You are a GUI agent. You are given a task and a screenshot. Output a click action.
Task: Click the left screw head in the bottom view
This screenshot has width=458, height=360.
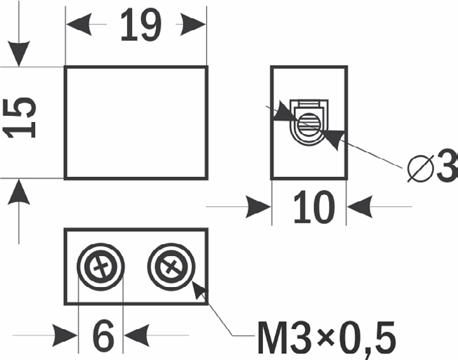point(100,267)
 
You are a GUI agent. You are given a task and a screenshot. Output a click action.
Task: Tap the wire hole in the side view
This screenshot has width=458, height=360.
point(308,125)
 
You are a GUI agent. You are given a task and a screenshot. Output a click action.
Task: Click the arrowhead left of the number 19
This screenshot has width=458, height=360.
point(79,26)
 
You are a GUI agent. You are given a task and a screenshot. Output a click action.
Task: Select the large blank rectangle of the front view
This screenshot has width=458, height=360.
point(135,122)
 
